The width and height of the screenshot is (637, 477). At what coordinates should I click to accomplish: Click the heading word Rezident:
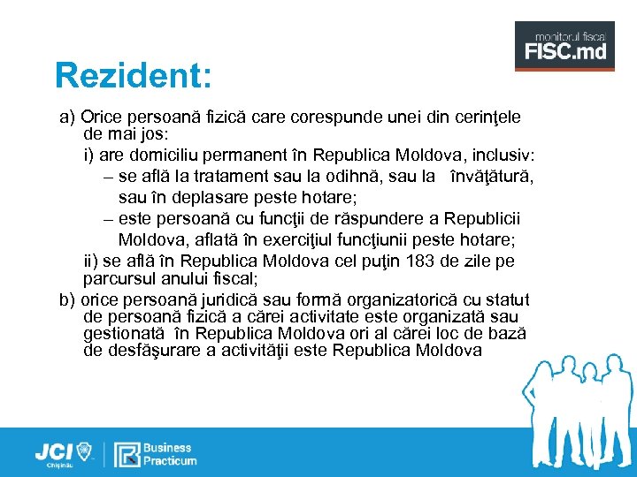[133, 76]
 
